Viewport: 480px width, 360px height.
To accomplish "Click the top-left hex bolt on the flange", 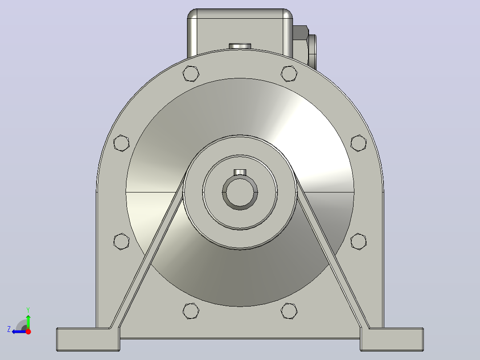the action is point(191,74).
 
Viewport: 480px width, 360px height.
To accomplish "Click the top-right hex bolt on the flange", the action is point(289,74).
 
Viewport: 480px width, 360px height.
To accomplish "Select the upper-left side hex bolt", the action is point(121,143).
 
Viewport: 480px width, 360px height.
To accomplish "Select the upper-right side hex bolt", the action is point(358,143).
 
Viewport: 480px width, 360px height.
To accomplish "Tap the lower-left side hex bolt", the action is point(121,241).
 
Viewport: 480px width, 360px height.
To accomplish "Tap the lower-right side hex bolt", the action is point(358,241).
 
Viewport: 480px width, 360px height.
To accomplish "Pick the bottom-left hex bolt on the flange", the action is point(191,311).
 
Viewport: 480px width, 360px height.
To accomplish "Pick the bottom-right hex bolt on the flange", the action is point(289,311).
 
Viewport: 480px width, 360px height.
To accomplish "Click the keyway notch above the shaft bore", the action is point(240,172).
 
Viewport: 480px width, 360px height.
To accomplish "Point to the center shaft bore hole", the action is point(240,193).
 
